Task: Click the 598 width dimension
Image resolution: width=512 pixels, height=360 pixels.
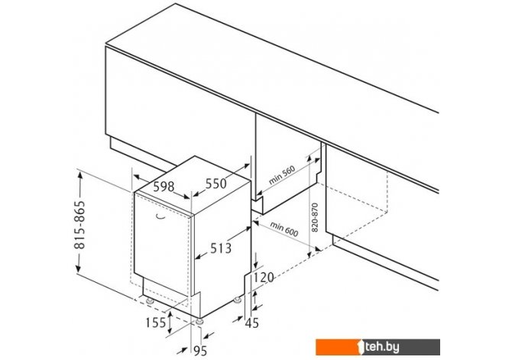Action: (x=164, y=186)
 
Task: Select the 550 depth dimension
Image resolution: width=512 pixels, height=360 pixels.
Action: (x=215, y=183)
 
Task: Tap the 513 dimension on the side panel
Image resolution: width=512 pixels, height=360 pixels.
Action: (x=221, y=248)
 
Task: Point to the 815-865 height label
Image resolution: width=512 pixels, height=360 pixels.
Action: (x=80, y=225)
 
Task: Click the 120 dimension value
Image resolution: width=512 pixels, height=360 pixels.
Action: (x=264, y=277)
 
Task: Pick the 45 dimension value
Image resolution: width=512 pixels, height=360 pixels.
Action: (x=251, y=323)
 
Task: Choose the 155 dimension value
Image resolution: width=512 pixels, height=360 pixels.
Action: (x=156, y=323)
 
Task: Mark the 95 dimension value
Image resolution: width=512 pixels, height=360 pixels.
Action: (x=200, y=351)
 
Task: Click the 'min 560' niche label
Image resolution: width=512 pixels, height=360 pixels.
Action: (x=282, y=175)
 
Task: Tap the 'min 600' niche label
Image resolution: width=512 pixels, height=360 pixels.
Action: (x=284, y=229)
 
